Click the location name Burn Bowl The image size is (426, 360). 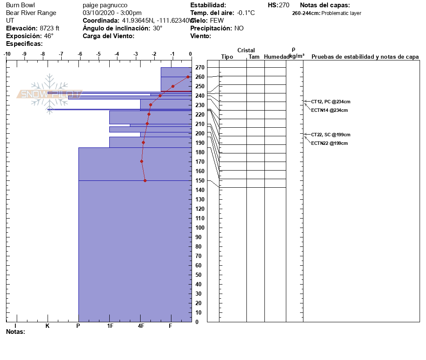[20, 5]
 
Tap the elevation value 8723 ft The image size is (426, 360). [50, 28]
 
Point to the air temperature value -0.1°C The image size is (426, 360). [246, 13]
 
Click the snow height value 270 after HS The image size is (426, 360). [284, 5]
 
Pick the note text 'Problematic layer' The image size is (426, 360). [341, 13]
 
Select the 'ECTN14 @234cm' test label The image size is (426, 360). [329, 110]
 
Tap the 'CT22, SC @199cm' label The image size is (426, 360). [330, 135]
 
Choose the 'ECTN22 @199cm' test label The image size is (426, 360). [329, 143]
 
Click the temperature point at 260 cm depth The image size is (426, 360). [188, 77]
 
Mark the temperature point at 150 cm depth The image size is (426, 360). [145, 180]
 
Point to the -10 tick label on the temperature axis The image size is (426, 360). [7, 54]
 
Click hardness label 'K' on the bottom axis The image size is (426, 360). [48, 326]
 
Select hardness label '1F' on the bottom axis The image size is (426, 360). [110, 326]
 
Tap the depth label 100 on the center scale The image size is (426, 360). [199, 228]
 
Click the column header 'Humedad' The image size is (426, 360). [276, 57]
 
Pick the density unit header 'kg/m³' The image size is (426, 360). [297, 56]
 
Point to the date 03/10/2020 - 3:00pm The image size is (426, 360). [112, 13]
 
